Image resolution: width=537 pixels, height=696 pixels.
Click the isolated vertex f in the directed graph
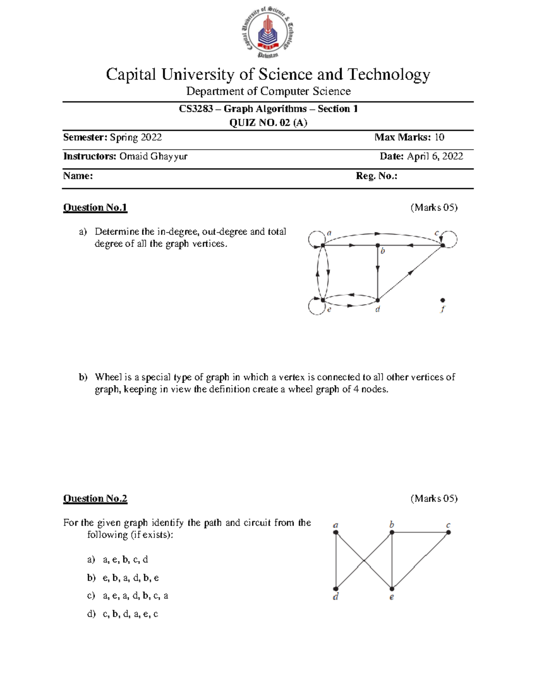tap(443, 300)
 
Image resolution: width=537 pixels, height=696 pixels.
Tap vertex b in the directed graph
tap(378, 245)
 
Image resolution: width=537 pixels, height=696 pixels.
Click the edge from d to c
tap(409, 272)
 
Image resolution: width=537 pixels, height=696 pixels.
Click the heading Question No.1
tap(95, 208)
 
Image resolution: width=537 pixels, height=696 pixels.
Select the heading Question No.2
tap(95, 498)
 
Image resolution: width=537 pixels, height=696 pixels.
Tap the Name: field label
tap(78, 176)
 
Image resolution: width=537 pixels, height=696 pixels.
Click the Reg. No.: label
tap(376, 176)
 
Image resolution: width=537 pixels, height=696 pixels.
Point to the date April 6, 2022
tap(435, 156)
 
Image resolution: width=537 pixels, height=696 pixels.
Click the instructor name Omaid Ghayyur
tap(153, 156)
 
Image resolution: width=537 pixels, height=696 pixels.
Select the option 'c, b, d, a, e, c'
tap(130, 614)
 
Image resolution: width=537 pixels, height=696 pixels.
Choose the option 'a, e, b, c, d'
tap(125, 559)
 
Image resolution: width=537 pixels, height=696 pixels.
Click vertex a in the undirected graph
tap(336, 532)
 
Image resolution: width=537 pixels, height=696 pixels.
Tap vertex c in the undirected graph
tap(448, 532)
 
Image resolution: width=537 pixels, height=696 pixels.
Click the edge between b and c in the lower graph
tap(420, 532)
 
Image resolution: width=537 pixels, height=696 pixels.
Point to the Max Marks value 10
tap(439, 137)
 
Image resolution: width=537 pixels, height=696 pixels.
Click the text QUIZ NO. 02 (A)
tap(268, 123)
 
